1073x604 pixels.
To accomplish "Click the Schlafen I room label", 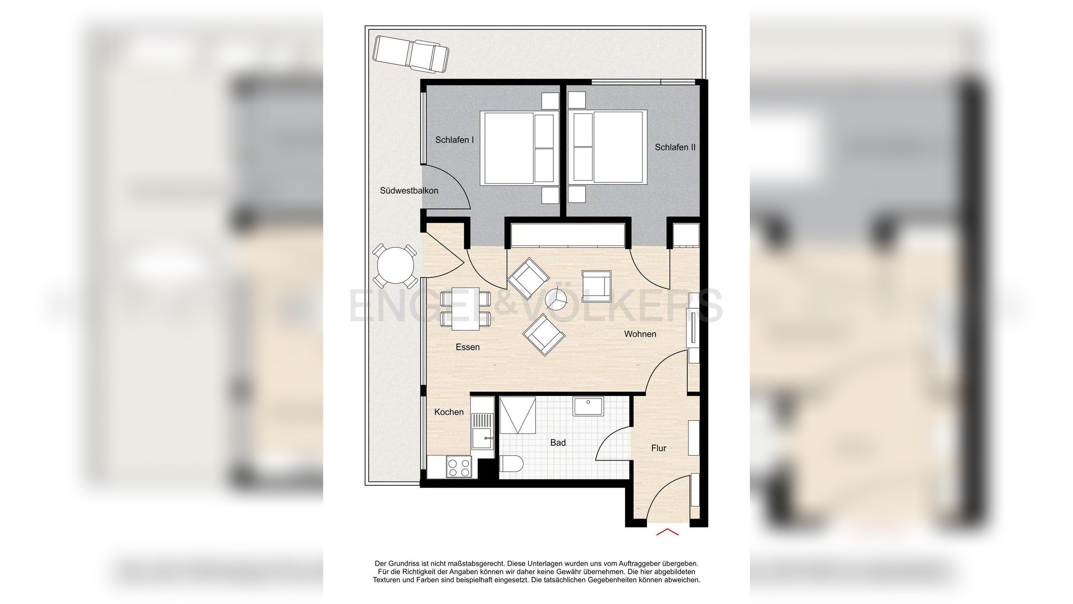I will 454,140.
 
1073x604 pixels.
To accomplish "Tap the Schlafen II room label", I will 675,147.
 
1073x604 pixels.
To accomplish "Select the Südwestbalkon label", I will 409,191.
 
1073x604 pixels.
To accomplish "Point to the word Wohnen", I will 640,334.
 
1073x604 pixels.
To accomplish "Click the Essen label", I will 467,347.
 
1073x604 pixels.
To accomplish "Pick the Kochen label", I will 448,412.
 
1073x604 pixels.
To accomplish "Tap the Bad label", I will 557,443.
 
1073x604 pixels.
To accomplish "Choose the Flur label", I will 658,448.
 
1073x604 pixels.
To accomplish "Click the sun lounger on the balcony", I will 411,54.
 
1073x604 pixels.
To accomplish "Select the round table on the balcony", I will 395,266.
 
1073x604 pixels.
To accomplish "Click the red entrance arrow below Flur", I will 667,532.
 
